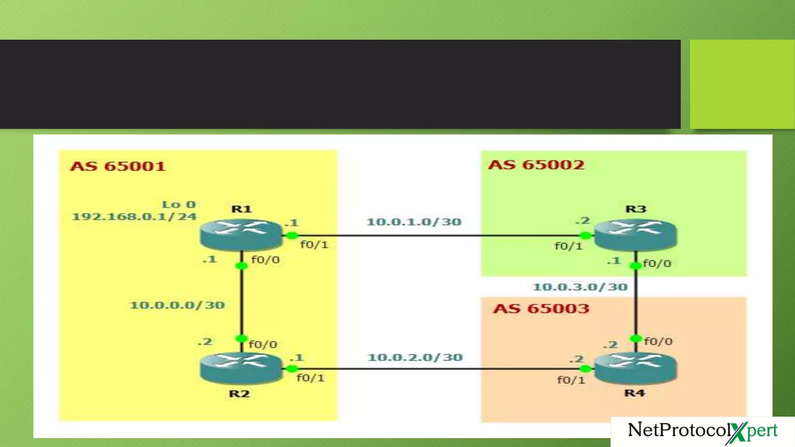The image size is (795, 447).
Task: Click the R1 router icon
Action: [x=241, y=234]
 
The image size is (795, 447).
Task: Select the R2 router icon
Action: [x=241, y=368]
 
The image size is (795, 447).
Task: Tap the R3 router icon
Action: [x=635, y=234]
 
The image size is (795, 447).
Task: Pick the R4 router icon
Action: [x=635, y=368]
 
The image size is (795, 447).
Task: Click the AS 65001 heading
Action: [x=118, y=166]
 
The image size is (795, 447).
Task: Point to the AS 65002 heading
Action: [x=536, y=165]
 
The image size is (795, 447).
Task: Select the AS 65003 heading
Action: [x=541, y=309]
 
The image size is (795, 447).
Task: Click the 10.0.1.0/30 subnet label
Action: [x=414, y=222]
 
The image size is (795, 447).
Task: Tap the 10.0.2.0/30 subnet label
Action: [x=415, y=357]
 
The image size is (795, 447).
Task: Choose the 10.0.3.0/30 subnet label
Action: [x=580, y=287]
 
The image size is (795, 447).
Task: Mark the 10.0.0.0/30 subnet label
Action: [x=177, y=305]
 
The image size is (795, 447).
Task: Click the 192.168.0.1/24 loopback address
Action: [x=134, y=217]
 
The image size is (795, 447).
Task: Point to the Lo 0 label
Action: [x=179, y=204]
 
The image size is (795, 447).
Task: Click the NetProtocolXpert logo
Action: [x=703, y=431]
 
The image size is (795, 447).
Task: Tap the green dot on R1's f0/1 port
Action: [x=292, y=236]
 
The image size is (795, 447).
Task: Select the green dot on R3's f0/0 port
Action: [x=635, y=266]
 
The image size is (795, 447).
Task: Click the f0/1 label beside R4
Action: [x=571, y=380]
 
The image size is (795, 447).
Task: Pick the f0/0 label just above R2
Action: [x=263, y=345]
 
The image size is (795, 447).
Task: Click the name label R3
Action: [x=636, y=209]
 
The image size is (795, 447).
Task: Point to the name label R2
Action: [x=239, y=394]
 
